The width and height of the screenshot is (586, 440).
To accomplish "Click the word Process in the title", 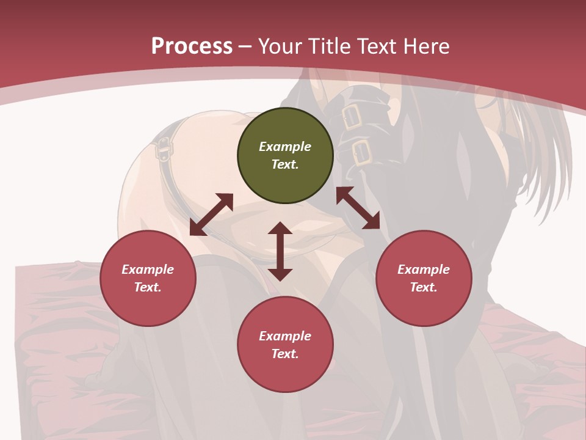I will pos(192,46).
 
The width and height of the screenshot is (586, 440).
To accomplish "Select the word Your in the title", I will pos(278,46).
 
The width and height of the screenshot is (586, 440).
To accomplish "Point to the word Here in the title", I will pos(425,46).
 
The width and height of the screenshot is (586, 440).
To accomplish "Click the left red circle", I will pos(148,279).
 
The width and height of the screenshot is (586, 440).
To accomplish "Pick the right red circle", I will pos(424,279).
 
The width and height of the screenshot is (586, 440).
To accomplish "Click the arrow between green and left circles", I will pos(211,215).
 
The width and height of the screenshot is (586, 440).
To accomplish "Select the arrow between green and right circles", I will pos(358,208).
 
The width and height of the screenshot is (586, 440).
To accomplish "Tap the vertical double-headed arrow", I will pos(280,251).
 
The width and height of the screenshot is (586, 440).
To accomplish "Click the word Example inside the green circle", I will pos(285,147).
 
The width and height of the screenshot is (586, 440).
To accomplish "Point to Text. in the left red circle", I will pos(148,287).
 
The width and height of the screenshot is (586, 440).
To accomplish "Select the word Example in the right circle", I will pos(424,269).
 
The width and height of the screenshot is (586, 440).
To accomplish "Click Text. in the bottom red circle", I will pos(285,354).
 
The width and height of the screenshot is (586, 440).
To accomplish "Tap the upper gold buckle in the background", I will pos(351,116).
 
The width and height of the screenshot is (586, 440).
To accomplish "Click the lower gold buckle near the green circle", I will pos(363,153).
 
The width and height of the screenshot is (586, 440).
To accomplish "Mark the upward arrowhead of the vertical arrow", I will pos(280,229).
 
